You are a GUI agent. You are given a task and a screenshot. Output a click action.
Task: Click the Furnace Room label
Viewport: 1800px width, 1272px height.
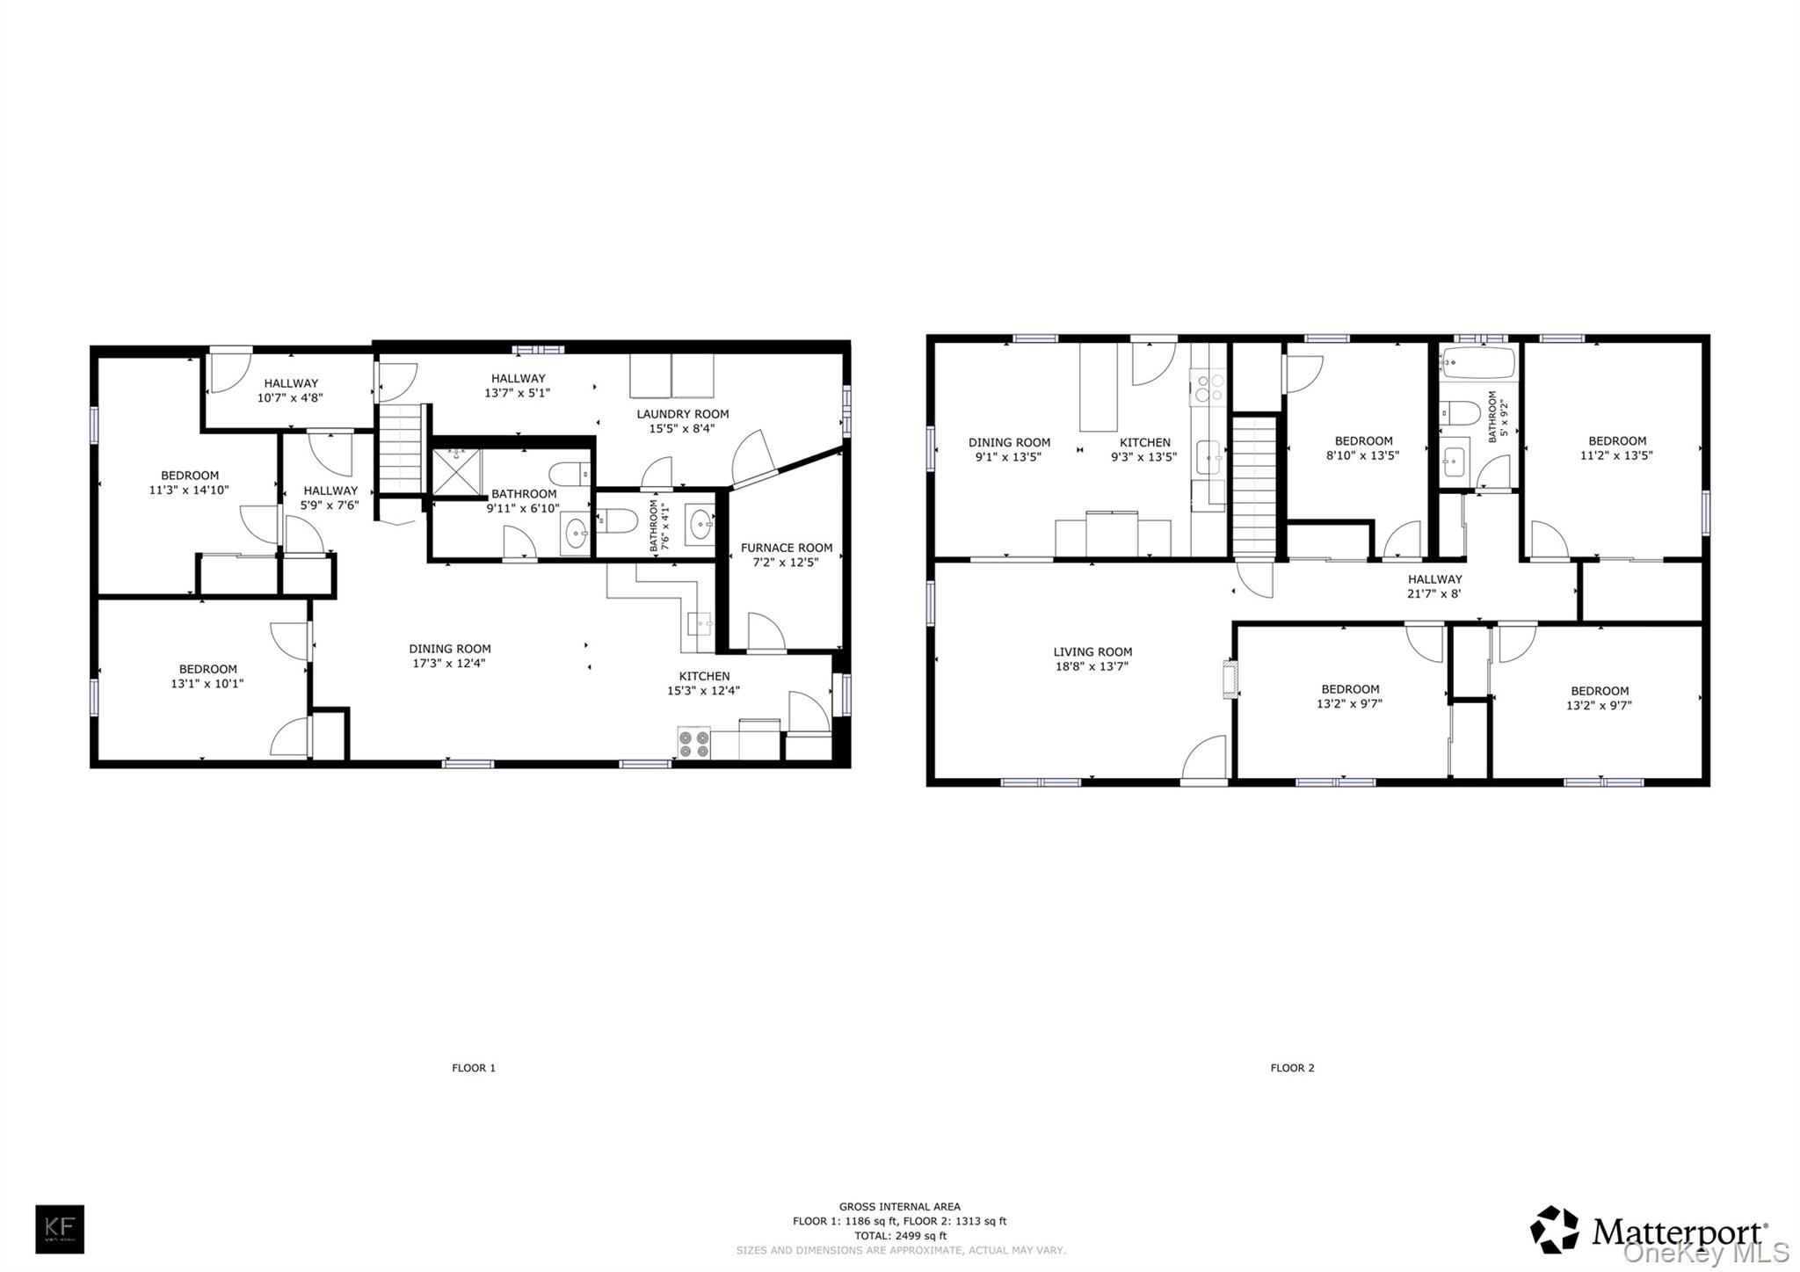click(786, 548)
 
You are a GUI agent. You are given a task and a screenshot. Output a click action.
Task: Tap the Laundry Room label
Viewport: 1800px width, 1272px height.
click(682, 414)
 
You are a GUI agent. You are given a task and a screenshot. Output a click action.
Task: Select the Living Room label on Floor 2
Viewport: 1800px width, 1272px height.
click(1092, 652)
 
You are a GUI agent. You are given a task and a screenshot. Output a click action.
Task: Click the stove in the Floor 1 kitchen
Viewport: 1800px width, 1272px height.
click(693, 744)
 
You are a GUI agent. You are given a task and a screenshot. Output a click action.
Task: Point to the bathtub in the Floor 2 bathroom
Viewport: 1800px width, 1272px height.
click(1477, 362)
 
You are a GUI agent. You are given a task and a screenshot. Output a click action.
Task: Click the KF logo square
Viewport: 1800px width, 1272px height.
click(60, 1229)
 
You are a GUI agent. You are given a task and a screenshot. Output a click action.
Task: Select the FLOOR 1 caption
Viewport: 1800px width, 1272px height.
click(474, 1068)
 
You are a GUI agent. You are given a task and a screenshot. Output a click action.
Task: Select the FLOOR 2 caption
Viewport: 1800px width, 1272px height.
click(1292, 1068)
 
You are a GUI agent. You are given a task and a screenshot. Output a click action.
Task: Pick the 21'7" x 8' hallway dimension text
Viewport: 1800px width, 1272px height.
click(1435, 593)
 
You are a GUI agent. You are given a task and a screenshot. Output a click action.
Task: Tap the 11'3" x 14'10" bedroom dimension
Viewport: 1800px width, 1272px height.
click(189, 491)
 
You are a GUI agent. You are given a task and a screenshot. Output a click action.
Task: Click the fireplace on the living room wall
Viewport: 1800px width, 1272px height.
click(1230, 680)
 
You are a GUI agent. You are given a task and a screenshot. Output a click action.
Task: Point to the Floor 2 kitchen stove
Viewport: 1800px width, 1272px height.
click(1208, 387)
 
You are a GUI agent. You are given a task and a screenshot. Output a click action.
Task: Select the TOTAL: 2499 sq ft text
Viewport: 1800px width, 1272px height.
click(899, 1235)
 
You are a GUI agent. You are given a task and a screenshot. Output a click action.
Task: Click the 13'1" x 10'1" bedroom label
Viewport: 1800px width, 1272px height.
click(207, 683)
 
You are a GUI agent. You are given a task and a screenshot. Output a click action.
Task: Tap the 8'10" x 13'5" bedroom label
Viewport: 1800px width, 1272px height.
click(1362, 455)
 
